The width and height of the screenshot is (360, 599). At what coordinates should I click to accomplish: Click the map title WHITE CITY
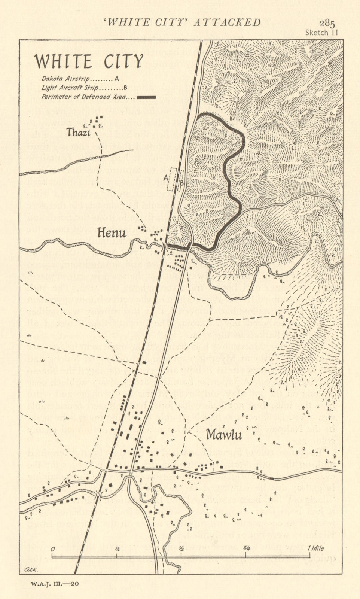pyautogui.click(x=89, y=61)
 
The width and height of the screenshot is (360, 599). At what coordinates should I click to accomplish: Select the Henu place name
pyautogui.click(x=112, y=233)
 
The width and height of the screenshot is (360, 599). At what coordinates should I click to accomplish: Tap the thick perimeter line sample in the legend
pyautogui.click(x=147, y=97)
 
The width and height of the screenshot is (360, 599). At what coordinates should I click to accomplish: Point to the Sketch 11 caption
pyautogui.click(x=322, y=32)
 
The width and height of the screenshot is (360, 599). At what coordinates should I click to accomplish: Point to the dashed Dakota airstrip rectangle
pyautogui.click(x=172, y=180)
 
